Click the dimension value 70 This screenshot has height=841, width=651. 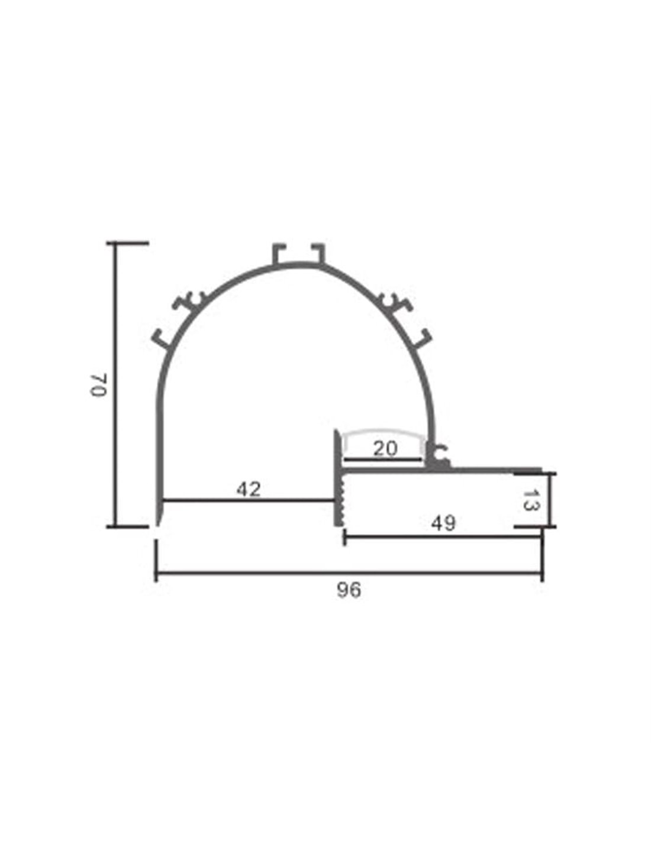[98, 385]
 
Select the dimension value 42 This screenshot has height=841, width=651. [249, 489]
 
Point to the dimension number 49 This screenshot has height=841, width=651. [444, 523]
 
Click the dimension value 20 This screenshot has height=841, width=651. [385, 448]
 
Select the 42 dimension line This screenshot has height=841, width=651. [248, 500]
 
